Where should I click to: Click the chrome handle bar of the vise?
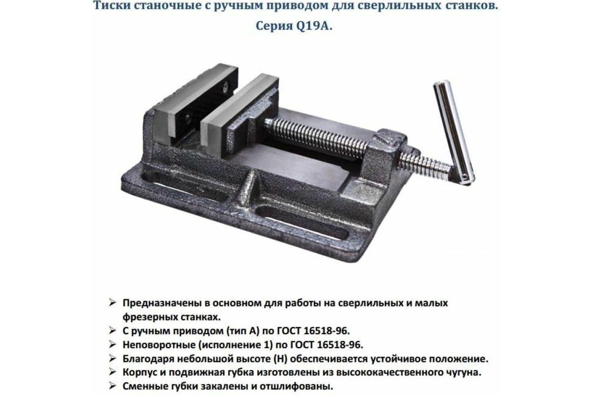coord(453,132)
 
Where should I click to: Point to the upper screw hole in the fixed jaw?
coord(225,86)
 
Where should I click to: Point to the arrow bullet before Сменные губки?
coord(113,387)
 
